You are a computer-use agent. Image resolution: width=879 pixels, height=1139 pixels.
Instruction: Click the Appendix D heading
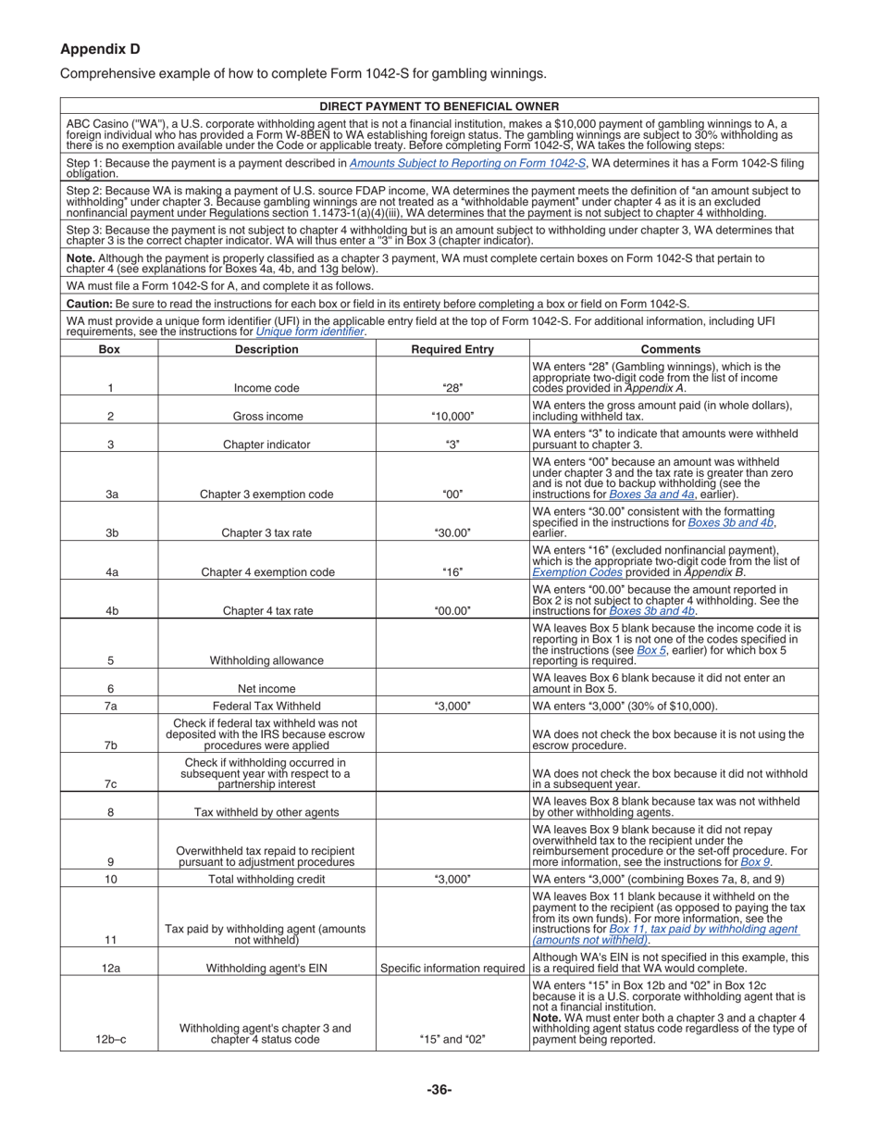pyautogui.click(x=100, y=49)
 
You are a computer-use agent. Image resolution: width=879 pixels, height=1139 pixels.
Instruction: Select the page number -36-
pyautogui.click(x=439, y=1090)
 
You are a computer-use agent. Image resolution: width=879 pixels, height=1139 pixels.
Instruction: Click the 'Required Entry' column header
pyautogui.click(x=452, y=349)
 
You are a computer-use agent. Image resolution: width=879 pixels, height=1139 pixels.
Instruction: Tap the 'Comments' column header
pyautogui.click(x=671, y=349)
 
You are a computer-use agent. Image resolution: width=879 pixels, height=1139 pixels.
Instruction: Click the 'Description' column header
pyautogui.click(x=266, y=349)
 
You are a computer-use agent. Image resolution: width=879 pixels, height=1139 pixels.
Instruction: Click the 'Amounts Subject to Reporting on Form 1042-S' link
pyautogui.click(x=467, y=163)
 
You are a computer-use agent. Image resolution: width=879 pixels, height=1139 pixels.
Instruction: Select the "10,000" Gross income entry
pyautogui.click(x=452, y=417)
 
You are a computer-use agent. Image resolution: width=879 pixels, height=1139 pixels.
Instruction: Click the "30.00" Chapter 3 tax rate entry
pyautogui.click(x=452, y=532)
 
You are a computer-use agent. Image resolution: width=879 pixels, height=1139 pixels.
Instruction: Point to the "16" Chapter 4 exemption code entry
pyautogui.click(x=452, y=572)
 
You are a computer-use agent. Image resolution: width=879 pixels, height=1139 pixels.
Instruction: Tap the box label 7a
pyautogui.click(x=110, y=706)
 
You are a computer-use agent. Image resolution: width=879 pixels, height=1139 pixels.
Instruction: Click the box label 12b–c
pyautogui.click(x=110, y=1040)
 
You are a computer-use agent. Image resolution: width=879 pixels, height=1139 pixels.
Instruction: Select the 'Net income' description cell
pyautogui.click(x=266, y=688)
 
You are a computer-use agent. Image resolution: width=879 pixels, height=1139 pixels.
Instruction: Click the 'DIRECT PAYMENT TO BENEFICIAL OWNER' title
pyautogui.click(x=439, y=106)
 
